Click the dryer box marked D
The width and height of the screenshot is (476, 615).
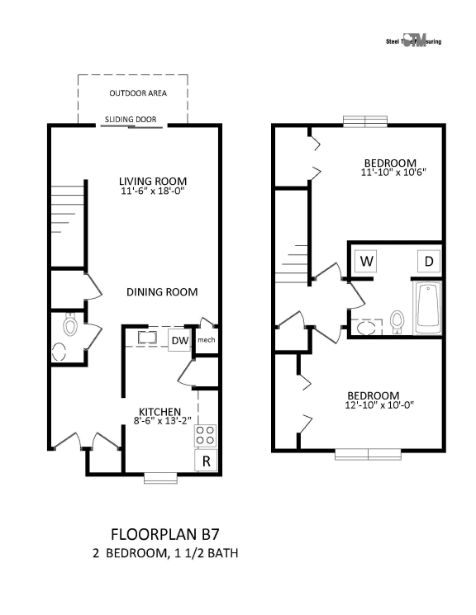coord(429,262)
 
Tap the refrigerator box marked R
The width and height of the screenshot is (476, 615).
coord(205,461)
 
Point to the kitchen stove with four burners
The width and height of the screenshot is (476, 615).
coord(205,434)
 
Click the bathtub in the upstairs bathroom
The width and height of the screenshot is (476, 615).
coord(427,309)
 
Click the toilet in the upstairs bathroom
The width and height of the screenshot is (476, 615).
coord(397,323)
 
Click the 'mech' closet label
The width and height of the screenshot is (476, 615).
coord(206,340)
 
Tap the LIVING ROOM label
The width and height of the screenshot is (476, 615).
coord(152,182)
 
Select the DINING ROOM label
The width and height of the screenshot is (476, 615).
coord(161,292)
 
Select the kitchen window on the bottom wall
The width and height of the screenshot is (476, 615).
coord(160,476)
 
